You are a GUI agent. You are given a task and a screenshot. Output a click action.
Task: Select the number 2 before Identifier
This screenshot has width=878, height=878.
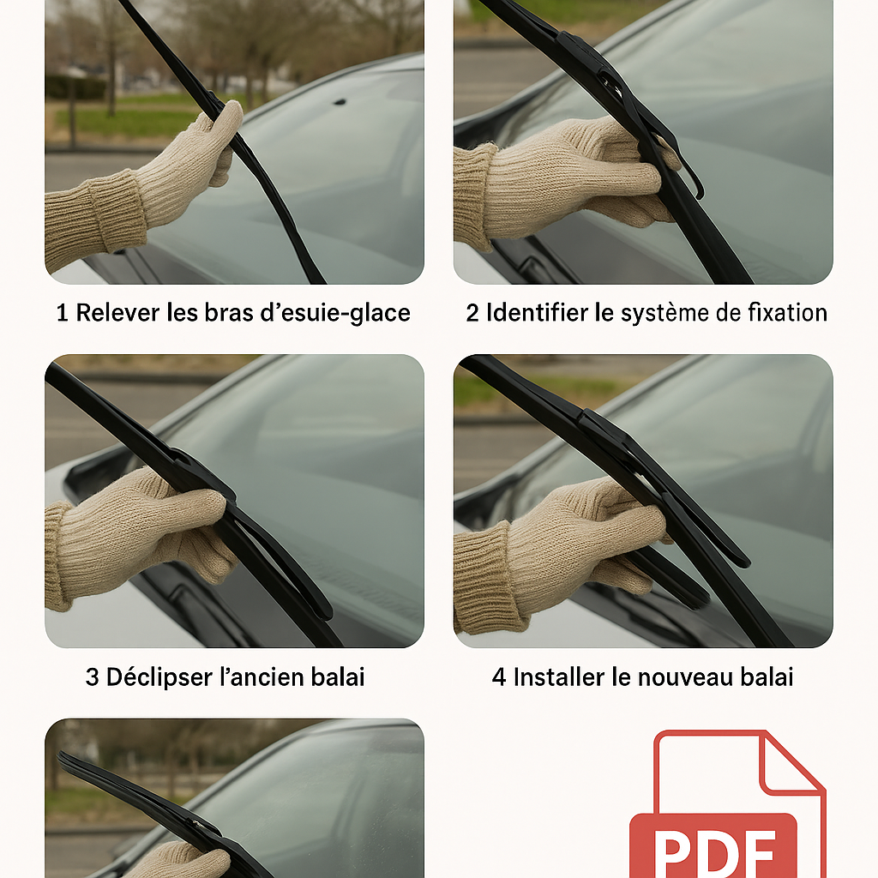472,313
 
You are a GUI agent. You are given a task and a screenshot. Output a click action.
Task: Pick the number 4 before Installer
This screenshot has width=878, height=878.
499,677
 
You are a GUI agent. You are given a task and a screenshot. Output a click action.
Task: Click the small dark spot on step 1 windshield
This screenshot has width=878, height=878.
340,102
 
